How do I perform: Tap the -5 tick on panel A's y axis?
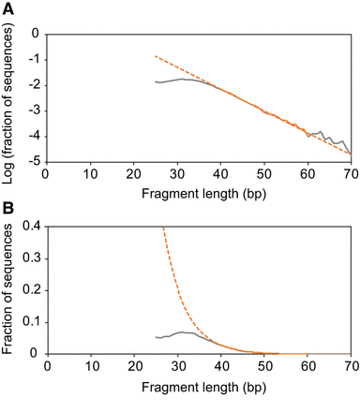point(35,162)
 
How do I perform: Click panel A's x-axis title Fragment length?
point(199,189)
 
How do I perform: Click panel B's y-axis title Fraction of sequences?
point(11,289)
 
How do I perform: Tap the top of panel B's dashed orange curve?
point(164,227)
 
